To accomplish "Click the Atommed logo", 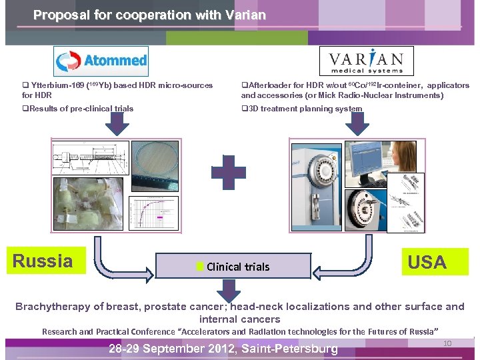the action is [x=101, y=61].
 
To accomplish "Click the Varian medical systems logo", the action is [x=367, y=61].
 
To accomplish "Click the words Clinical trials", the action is [x=238, y=267].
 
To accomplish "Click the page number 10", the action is [x=448, y=343].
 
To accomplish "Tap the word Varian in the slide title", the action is [x=244, y=15].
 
